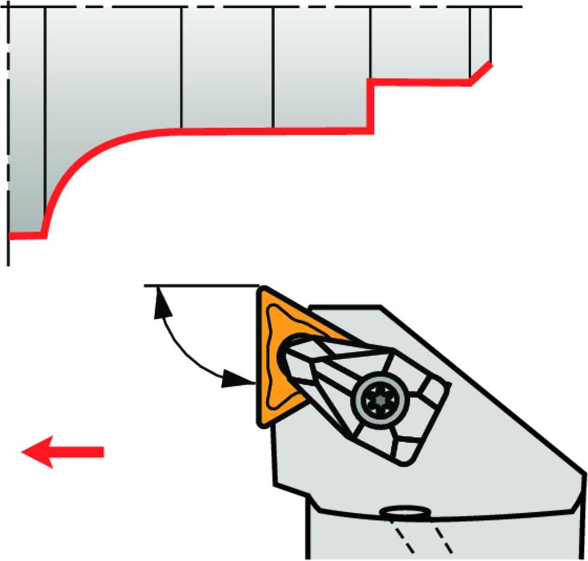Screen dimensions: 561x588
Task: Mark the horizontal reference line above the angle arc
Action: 200,286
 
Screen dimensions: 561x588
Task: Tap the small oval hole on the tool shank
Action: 405,513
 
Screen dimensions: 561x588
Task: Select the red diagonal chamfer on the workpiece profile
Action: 481,72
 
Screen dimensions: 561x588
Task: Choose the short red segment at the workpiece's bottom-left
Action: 27,235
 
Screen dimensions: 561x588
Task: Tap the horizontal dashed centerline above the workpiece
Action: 265,7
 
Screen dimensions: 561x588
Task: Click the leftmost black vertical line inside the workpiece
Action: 45,118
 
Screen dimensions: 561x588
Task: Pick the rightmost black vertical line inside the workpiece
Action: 490,35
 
